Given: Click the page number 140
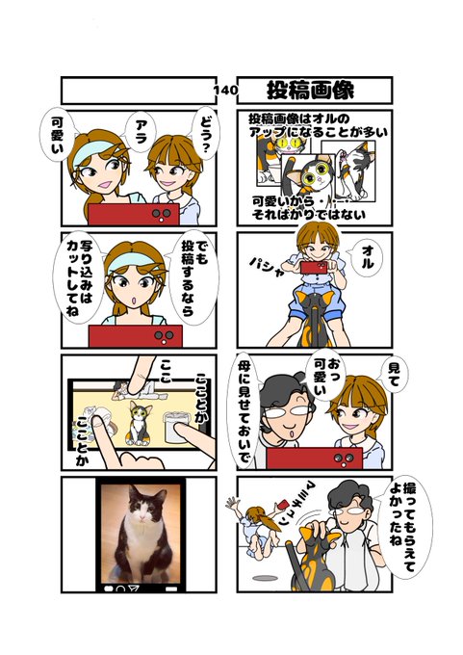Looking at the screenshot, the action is [226, 90].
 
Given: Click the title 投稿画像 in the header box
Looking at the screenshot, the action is [310, 91].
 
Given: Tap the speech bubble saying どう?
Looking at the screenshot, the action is [204, 133].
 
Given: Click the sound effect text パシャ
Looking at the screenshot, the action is [267, 267].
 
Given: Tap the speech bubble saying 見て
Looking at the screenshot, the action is [394, 374].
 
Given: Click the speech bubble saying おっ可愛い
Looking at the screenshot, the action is [327, 375].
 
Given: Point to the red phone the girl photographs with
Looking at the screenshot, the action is [314, 268].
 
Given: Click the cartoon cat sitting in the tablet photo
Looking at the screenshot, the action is [139, 423].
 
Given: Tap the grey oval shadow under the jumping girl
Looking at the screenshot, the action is [266, 578].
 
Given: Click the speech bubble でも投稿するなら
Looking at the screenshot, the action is [193, 277].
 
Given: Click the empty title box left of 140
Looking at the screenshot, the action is [139, 91].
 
